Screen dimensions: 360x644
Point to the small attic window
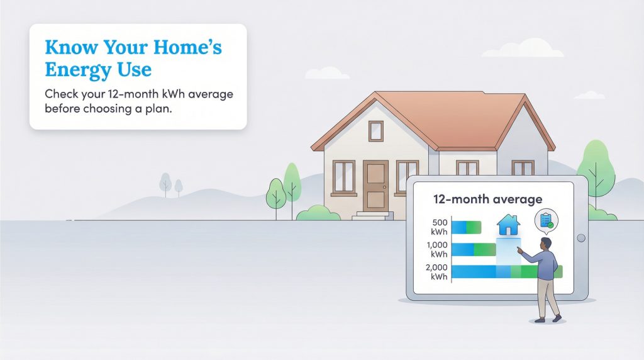375,130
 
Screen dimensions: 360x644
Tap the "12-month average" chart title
487,200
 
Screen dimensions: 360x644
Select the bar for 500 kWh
466,227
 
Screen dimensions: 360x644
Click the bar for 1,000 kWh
474,249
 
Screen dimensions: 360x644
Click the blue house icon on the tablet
508,224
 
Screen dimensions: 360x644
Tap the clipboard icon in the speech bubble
545,220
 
